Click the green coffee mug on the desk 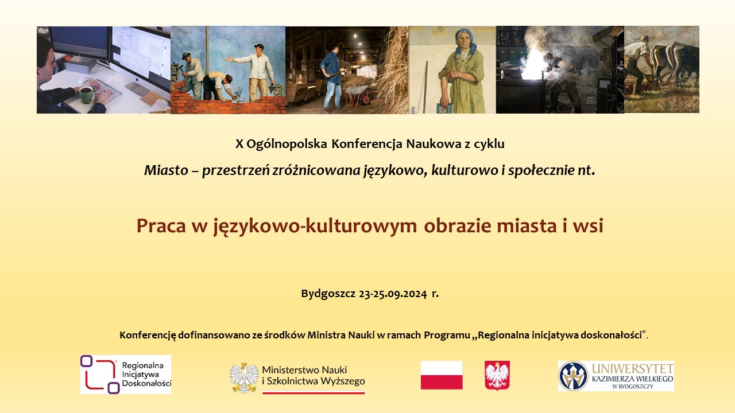coord(86,95)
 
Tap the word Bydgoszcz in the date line coord(328,294)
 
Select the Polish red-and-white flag coord(442,375)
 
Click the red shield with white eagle coord(497,375)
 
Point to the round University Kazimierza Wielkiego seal coord(573,376)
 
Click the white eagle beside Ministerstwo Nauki coord(244,377)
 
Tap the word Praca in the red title coord(161,226)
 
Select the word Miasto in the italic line coord(166,170)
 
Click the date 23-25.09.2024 coord(393,294)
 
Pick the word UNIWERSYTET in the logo coord(633,369)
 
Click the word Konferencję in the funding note coord(148,336)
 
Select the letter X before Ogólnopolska coord(239,144)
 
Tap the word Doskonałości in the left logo coord(146,383)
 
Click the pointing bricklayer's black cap coord(259,46)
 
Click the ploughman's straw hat coord(642,38)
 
